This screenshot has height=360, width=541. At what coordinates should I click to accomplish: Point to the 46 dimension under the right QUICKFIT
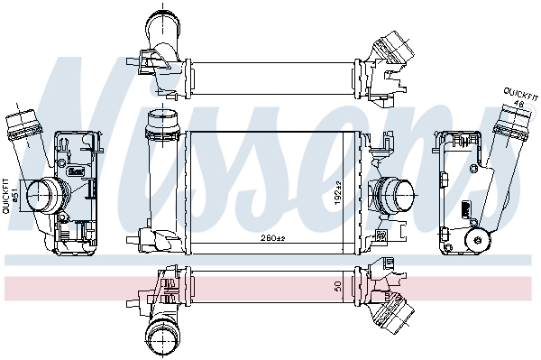(x=519, y=106)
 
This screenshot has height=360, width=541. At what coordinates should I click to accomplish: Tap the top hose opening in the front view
(x=163, y=119)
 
